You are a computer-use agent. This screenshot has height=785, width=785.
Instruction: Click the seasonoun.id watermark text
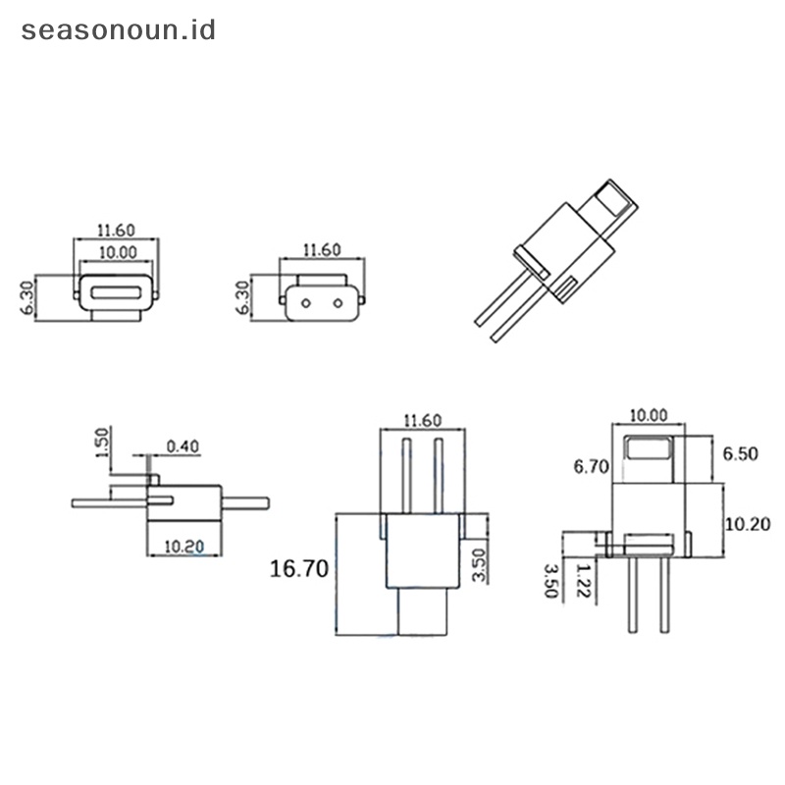click(118, 29)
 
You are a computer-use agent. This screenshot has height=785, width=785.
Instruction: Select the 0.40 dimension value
click(183, 447)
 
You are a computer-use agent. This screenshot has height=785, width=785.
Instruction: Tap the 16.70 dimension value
click(300, 568)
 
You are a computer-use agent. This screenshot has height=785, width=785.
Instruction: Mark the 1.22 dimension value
click(586, 578)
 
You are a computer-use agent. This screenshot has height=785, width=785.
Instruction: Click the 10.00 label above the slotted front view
click(116, 252)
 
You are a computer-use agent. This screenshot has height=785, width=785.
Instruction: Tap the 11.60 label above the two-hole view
click(322, 250)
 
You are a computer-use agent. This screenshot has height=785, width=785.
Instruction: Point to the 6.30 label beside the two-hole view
click(243, 295)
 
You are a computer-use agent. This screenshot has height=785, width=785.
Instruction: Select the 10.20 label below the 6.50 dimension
click(747, 524)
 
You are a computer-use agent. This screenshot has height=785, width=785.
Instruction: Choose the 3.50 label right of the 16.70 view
click(478, 566)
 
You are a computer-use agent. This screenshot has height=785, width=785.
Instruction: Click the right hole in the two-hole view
click(339, 301)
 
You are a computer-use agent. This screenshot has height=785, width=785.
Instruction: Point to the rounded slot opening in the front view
click(116, 292)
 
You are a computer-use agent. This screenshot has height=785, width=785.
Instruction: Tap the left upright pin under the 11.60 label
click(405, 475)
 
